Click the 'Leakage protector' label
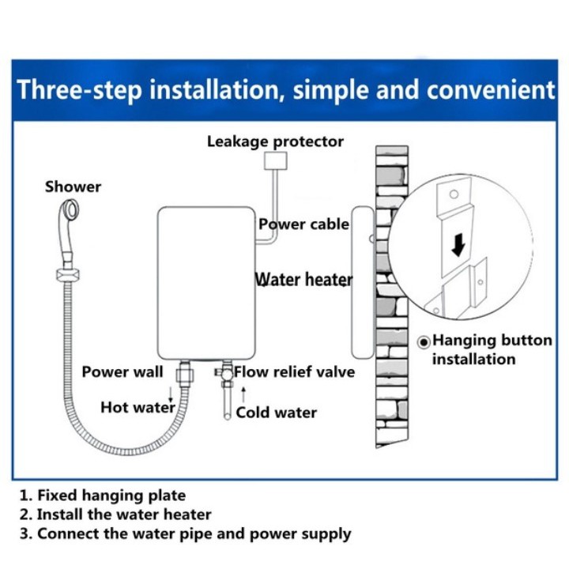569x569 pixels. pyautogui.click(x=275, y=142)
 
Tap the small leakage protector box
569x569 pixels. pyautogui.click(x=276, y=160)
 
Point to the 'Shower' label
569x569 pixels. pyautogui.click(x=73, y=187)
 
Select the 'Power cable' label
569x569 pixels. pyautogui.click(x=303, y=224)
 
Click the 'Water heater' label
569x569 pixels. pyautogui.click(x=303, y=280)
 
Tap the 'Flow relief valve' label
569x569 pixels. pyautogui.click(x=294, y=372)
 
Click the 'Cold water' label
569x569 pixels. pyautogui.click(x=276, y=413)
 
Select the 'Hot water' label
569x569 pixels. pyautogui.click(x=138, y=407)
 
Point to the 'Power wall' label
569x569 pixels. pyautogui.click(x=122, y=372)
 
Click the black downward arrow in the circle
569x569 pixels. pyautogui.click(x=458, y=245)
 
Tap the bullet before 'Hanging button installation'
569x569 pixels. pyautogui.click(x=424, y=342)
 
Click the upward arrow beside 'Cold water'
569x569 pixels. pyautogui.click(x=243, y=394)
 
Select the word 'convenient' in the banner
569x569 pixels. pyautogui.click(x=491, y=89)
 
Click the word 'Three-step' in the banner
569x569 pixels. pyautogui.click(x=80, y=90)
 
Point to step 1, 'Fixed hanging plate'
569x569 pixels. pyautogui.click(x=103, y=496)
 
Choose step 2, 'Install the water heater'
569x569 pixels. pyautogui.click(x=115, y=514)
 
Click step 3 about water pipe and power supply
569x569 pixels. pyautogui.click(x=186, y=534)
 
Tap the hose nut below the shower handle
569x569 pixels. pyautogui.click(x=68, y=274)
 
